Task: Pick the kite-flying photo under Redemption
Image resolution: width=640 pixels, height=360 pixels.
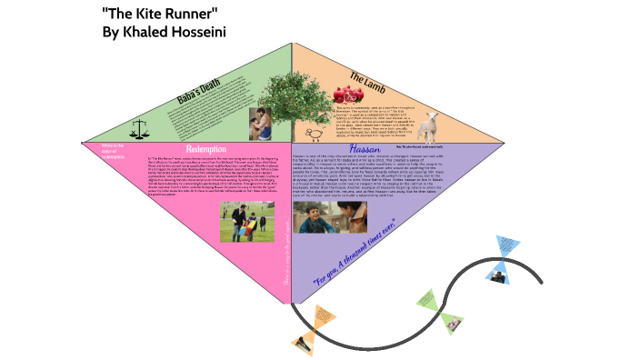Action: click(247, 222)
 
